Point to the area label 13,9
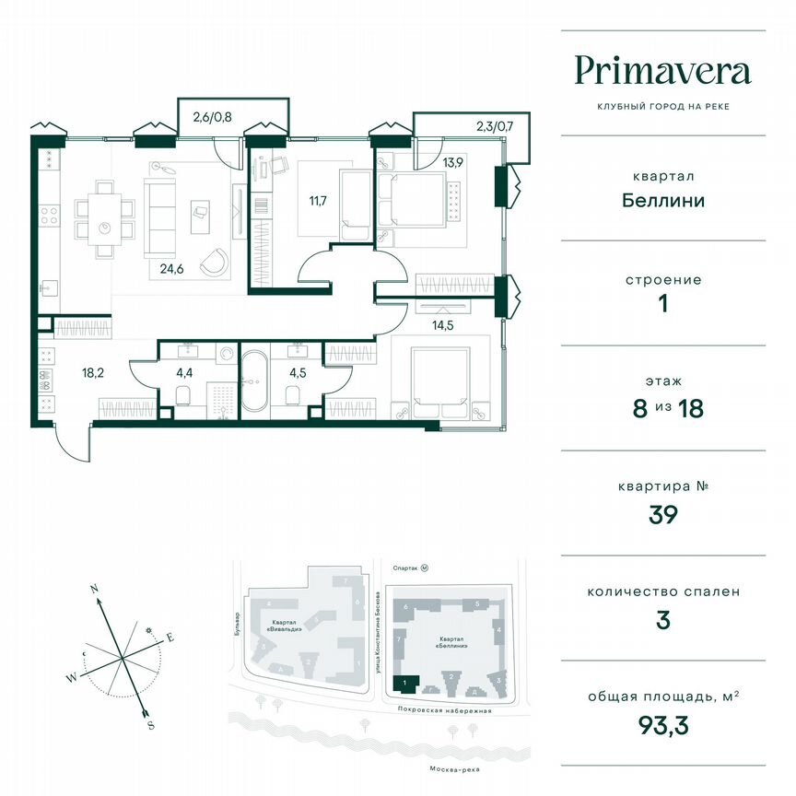coord(452,162)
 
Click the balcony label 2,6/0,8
coord(212,116)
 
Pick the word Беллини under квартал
coord(662,200)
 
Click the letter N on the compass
coord(94,587)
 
